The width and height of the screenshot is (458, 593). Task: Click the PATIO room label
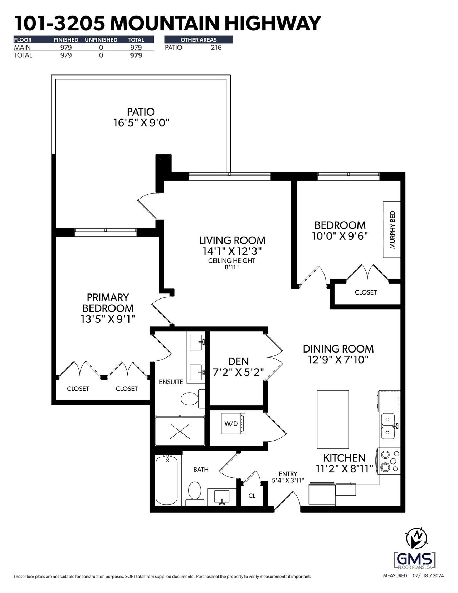click(141, 112)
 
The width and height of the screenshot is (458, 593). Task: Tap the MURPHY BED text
click(392, 229)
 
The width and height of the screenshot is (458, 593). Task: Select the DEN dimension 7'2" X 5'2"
click(238, 372)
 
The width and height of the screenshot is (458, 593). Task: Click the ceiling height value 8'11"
click(232, 267)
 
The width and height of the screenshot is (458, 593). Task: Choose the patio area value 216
click(216, 48)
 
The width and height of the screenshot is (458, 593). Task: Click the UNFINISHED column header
click(101, 40)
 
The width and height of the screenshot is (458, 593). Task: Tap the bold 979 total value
click(136, 55)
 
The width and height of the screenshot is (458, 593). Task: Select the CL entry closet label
click(252, 495)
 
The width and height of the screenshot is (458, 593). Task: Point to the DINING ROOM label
click(338, 349)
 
